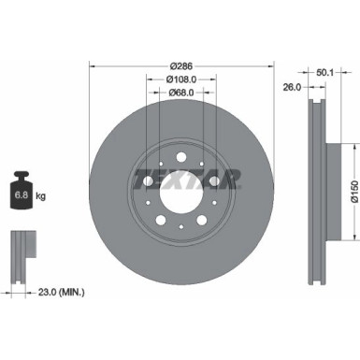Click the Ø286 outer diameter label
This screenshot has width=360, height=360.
click(x=180, y=67)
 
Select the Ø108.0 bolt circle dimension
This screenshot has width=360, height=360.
click(x=180, y=81)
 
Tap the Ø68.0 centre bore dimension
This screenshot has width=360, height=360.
click(x=180, y=94)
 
